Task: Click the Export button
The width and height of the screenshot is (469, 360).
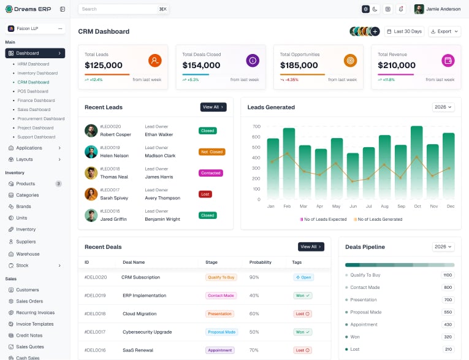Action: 444,31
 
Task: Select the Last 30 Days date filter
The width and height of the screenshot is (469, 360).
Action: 404,31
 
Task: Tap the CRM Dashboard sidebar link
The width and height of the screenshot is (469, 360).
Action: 33,82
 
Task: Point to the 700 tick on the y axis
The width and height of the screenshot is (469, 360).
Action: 256,126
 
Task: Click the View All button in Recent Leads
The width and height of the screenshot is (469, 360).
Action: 213,107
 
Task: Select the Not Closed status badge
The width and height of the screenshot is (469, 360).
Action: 212,152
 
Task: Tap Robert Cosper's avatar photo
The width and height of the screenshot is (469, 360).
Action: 91,131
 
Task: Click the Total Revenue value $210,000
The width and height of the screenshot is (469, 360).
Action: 396,65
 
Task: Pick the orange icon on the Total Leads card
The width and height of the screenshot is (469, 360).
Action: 154,61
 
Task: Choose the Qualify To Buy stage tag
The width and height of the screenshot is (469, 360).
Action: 221,277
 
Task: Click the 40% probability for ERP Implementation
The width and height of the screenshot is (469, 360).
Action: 254,296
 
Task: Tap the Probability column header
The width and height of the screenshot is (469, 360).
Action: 260,262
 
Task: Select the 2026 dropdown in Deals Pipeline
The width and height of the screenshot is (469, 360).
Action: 443,247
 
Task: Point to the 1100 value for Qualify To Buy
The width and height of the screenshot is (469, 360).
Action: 448,275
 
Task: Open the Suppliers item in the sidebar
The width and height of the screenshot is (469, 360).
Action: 26,242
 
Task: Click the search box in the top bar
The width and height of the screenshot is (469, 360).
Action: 123,9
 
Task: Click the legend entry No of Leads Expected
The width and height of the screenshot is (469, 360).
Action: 323,220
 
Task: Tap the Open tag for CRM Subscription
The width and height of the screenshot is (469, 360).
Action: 303,277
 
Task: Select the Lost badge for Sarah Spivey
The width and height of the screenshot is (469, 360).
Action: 205,194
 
